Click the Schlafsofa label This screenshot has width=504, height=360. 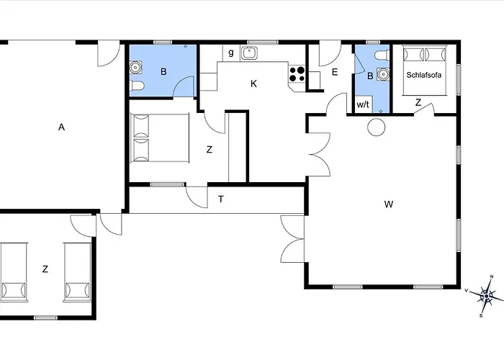click(x=423, y=75)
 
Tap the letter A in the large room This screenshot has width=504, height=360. click(x=61, y=127)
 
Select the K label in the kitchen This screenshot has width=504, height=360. click(x=253, y=84)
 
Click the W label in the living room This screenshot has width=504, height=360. click(x=389, y=204)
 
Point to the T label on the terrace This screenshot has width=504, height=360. click(x=221, y=199)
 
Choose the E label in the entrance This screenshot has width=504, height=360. click(x=335, y=72)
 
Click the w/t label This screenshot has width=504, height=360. click(x=363, y=104)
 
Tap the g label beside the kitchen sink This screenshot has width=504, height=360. click(x=231, y=53)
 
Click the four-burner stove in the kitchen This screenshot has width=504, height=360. click(x=297, y=74)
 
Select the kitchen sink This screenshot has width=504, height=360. click(x=249, y=53)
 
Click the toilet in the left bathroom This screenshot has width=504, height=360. click(x=137, y=86)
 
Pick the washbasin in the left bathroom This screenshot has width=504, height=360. click(x=135, y=67)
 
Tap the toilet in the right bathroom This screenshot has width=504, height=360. click(x=382, y=55)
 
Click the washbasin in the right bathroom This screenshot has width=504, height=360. click(x=383, y=74)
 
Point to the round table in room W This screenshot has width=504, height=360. click(x=376, y=127)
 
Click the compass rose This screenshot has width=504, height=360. click(x=486, y=296)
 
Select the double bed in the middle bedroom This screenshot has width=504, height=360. click(x=160, y=138)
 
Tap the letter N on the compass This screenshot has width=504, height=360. click(x=492, y=276)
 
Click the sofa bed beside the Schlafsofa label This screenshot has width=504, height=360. click(x=425, y=71)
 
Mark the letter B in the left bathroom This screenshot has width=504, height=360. click(x=163, y=72)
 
